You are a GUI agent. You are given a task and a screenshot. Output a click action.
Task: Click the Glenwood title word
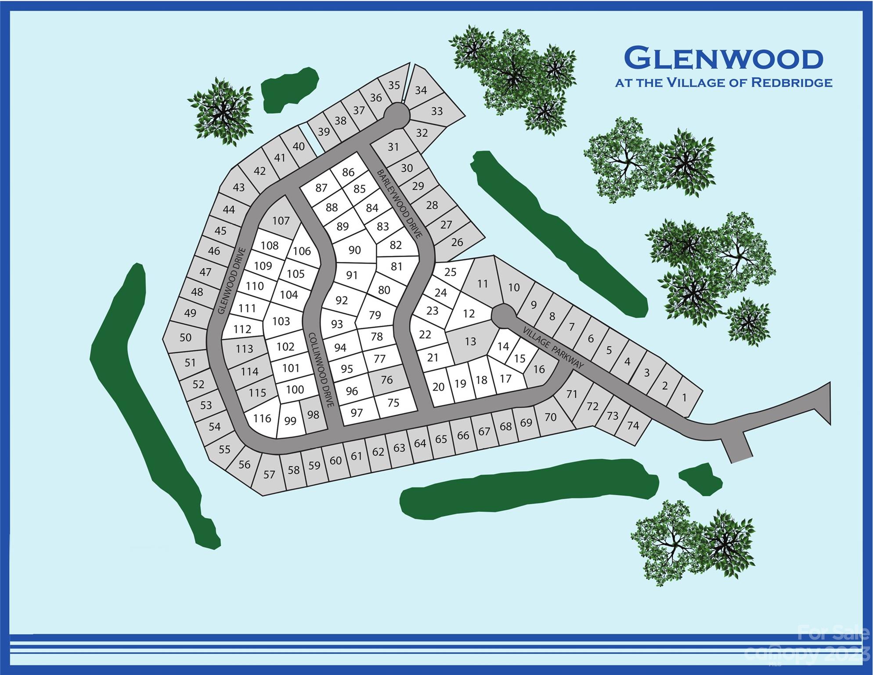(723, 58)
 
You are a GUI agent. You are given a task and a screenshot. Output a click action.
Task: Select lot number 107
(281, 221)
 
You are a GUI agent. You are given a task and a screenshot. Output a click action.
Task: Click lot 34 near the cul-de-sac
(421, 90)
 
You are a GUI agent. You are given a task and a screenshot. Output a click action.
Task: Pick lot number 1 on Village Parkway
(684, 398)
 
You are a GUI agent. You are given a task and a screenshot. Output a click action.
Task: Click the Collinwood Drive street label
(321, 369)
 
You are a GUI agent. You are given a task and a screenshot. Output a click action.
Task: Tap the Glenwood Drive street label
(231, 281)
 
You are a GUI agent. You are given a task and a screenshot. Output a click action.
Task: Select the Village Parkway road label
(553, 347)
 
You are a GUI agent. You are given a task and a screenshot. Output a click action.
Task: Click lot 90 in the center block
(354, 250)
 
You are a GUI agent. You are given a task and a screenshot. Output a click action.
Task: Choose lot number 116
(262, 418)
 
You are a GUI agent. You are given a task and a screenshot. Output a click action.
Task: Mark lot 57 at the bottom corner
(269, 474)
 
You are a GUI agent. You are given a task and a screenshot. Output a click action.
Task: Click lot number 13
(470, 341)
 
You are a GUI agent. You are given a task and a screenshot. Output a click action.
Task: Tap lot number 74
(633, 425)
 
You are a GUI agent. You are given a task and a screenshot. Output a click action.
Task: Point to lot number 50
(185, 337)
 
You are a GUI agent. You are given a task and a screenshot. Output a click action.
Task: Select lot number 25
(450, 272)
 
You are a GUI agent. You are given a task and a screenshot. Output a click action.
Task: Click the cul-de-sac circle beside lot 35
(397, 116)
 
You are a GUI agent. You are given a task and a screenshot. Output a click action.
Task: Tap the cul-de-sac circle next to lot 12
(503, 316)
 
